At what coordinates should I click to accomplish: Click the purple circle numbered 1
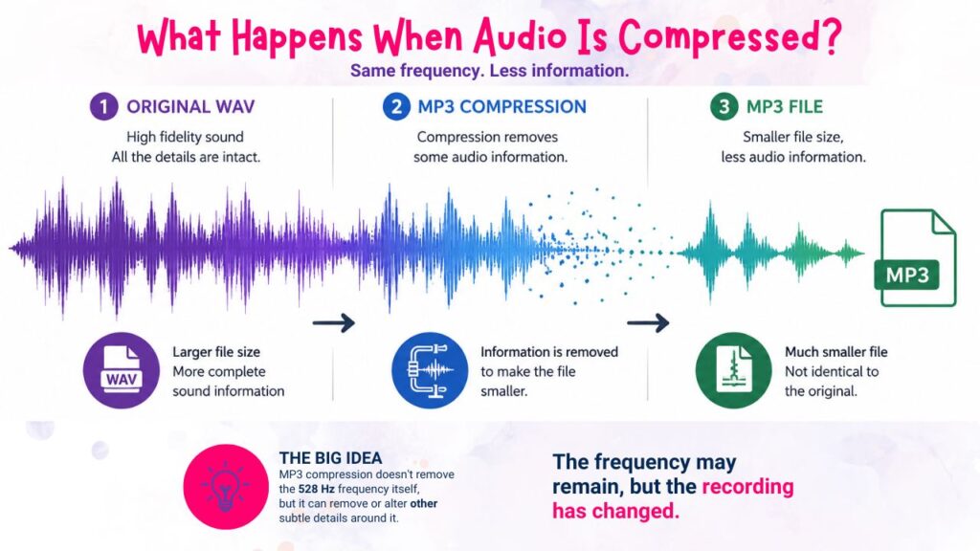[x=103, y=107]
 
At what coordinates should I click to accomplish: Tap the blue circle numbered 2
[x=396, y=107]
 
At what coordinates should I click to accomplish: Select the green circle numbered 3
[x=724, y=107]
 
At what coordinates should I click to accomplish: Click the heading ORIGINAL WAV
[x=190, y=107]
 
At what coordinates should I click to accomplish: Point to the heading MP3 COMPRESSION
[x=501, y=107]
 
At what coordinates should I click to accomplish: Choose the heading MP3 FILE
[x=785, y=107]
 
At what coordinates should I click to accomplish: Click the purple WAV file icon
[x=122, y=370]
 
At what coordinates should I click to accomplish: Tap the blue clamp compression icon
[x=430, y=370]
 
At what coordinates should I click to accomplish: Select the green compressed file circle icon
[x=734, y=370]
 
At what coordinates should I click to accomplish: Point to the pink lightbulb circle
[x=226, y=487]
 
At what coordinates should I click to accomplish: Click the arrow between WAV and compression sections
[x=334, y=323]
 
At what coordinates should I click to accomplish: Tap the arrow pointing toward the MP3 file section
[x=648, y=323]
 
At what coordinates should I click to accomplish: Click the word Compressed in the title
[x=730, y=37]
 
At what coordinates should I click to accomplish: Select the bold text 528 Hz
[x=316, y=489]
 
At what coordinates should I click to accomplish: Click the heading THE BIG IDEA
[x=330, y=458]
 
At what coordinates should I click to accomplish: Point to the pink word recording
[x=747, y=487]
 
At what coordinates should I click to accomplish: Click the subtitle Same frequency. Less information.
[x=489, y=71]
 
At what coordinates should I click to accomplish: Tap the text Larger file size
[x=216, y=352]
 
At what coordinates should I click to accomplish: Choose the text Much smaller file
[x=836, y=352]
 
